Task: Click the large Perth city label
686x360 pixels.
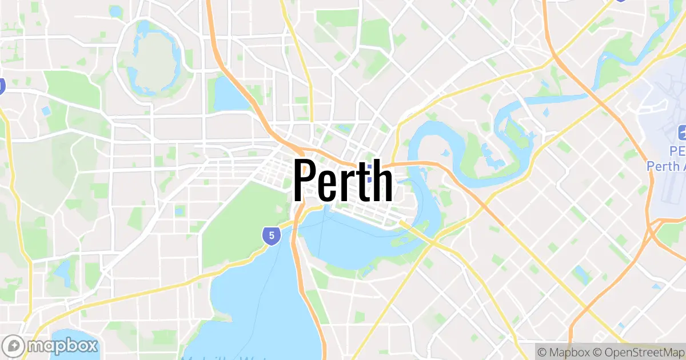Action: (x=343, y=180)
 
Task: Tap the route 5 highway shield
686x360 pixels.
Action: (x=272, y=235)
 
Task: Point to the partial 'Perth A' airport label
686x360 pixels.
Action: (x=667, y=166)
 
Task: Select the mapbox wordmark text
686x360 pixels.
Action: (x=63, y=346)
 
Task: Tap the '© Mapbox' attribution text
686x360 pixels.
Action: (x=562, y=351)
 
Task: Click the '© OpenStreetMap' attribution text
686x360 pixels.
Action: (x=637, y=351)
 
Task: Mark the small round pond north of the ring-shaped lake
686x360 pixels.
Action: (x=116, y=11)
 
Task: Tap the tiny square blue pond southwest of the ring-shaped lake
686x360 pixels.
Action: (x=46, y=110)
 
